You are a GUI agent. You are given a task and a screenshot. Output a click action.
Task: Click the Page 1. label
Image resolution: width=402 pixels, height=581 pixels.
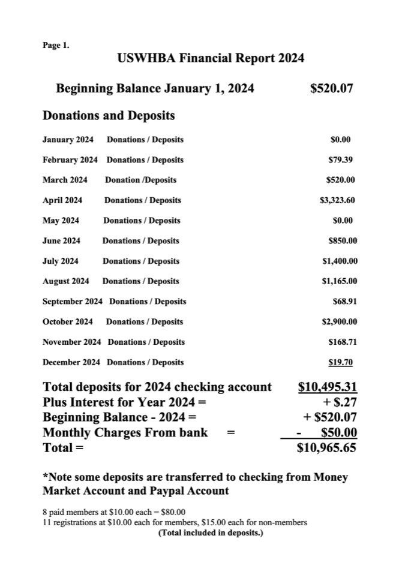click(x=56, y=45)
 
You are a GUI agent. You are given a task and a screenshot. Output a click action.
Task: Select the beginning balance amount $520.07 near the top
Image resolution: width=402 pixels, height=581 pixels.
click(x=331, y=89)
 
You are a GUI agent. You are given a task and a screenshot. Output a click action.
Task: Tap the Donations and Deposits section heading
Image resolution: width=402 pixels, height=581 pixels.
click(x=109, y=115)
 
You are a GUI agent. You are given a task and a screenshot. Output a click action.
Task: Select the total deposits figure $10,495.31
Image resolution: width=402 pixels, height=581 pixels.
click(x=328, y=387)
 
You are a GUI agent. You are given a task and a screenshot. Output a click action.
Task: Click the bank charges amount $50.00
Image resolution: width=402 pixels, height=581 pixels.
click(x=339, y=432)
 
